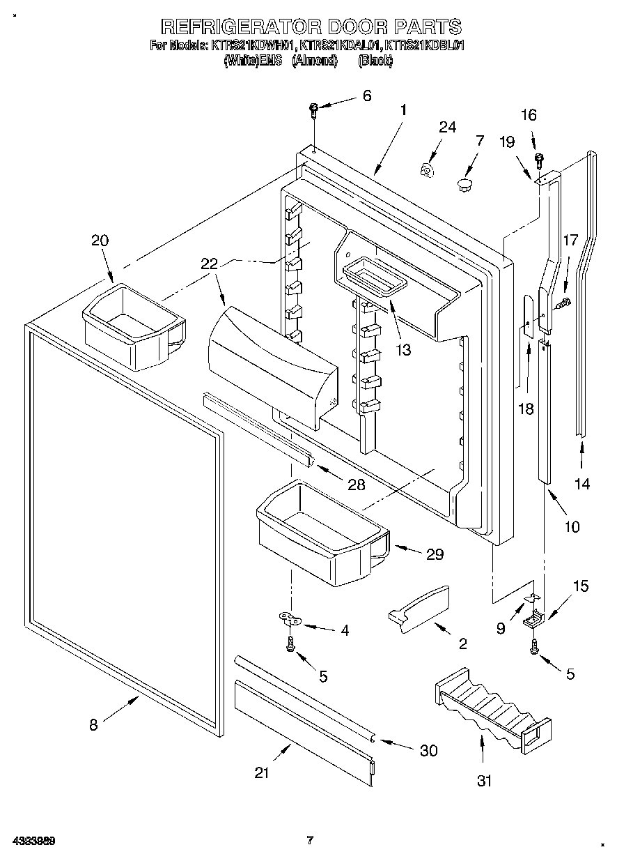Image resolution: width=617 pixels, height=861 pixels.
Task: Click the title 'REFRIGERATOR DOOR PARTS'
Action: (311, 26)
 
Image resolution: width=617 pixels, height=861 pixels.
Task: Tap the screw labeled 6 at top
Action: (314, 108)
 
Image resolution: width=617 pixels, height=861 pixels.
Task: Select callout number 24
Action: (447, 127)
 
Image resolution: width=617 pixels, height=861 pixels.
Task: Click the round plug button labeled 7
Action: (464, 184)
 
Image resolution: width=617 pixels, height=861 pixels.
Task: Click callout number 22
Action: (209, 264)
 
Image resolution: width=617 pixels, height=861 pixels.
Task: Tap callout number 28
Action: (356, 485)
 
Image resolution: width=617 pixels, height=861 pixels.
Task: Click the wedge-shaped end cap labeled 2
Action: (419, 609)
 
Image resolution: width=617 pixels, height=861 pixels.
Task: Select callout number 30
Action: (428, 750)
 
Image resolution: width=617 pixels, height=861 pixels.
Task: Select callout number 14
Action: (582, 483)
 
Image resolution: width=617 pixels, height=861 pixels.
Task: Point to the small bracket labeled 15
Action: (535, 618)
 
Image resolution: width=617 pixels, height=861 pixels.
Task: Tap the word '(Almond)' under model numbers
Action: (314, 61)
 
